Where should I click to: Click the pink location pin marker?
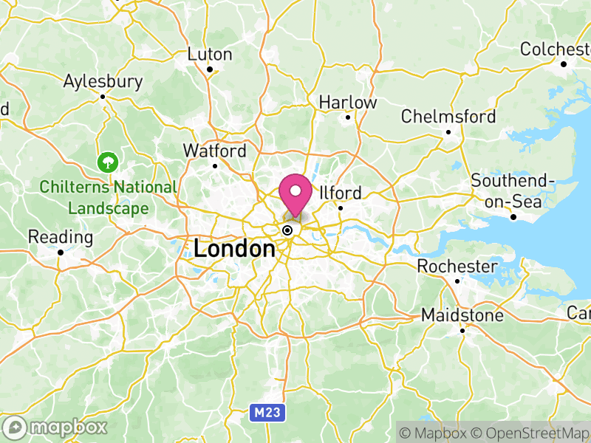[296, 194]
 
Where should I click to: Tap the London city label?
[234, 249]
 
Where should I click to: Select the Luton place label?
[210, 55]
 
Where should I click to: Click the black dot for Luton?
[210, 70]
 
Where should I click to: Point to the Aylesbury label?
[103, 81]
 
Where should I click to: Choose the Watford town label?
[215, 151]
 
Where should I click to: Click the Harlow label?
[348, 103]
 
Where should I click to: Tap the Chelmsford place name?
[448, 117]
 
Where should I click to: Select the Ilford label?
[341, 193]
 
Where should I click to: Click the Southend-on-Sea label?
[513, 191]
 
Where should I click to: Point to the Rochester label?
[457, 266]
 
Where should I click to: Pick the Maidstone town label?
[462, 315]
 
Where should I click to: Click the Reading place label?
[61, 238]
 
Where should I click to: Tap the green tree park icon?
[109, 161]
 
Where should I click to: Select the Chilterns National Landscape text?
[109, 198]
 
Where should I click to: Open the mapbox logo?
[56, 427]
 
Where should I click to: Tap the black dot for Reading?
[61, 253]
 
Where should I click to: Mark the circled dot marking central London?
[287, 230]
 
